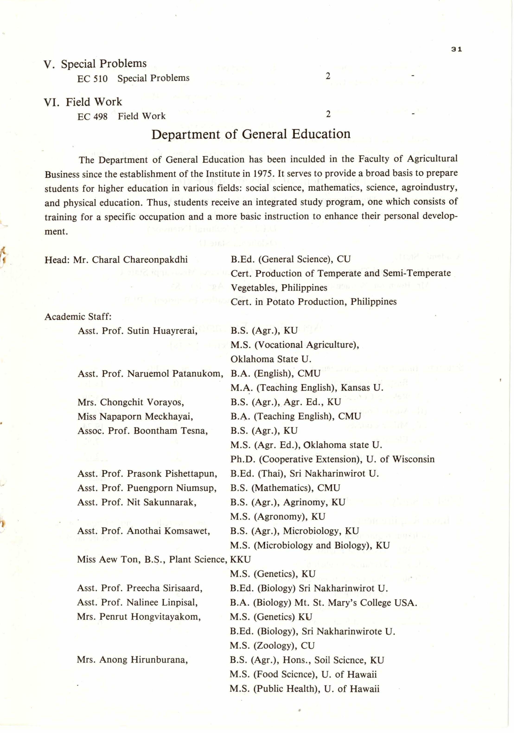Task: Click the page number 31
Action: (x=457, y=50)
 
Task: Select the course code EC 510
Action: (x=92, y=79)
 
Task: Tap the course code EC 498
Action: (x=92, y=117)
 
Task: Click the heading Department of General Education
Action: (x=251, y=134)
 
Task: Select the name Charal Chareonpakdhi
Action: (x=140, y=260)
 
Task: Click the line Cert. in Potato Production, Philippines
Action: (x=313, y=302)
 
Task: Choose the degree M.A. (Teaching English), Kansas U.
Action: (x=307, y=388)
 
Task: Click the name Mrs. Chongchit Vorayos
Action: (x=131, y=402)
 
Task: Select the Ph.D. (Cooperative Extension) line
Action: (x=332, y=459)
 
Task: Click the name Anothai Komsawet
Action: (x=168, y=531)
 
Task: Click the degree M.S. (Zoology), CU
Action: (x=272, y=646)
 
